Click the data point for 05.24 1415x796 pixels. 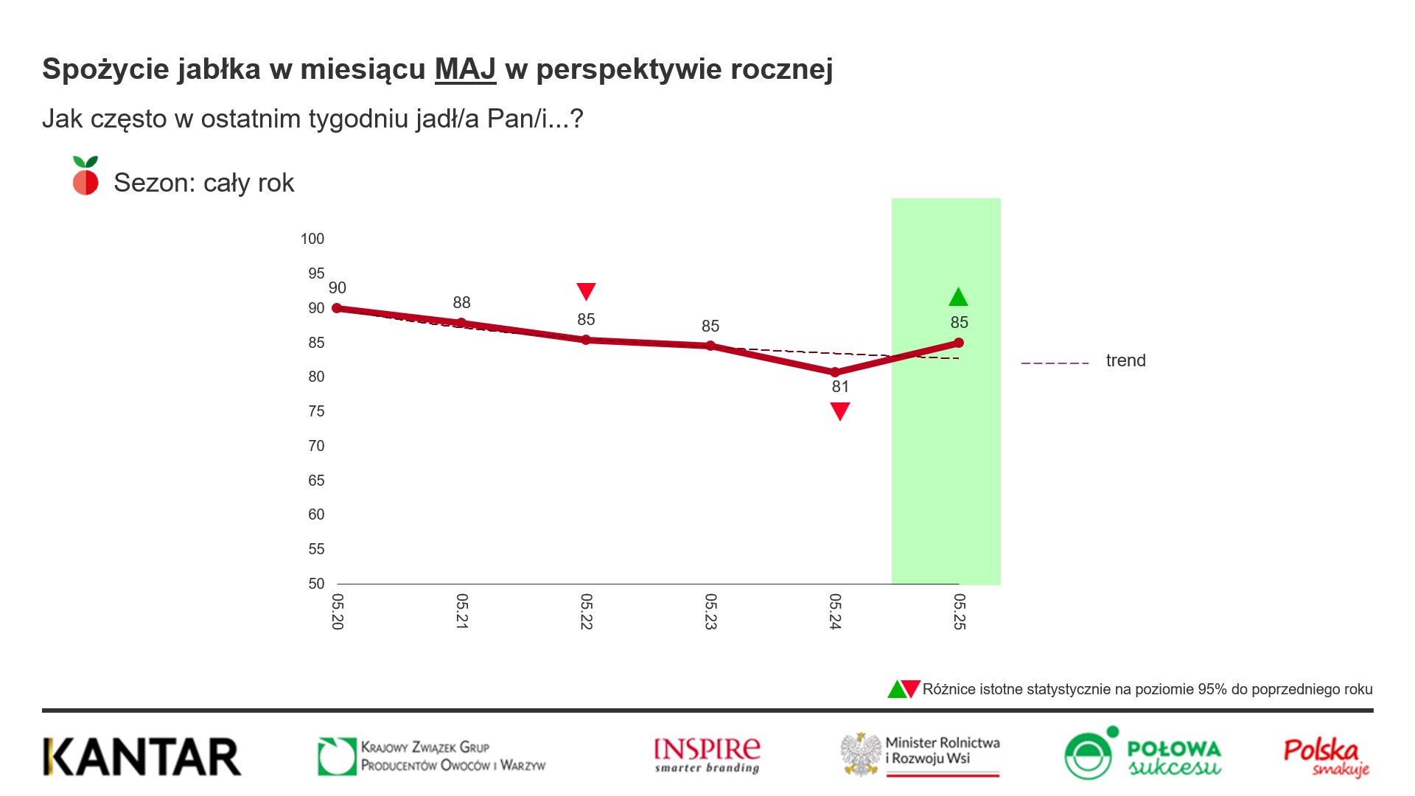point(835,372)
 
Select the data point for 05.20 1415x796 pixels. point(337,308)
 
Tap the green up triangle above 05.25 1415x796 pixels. point(958,297)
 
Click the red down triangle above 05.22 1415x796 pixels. point(586,291)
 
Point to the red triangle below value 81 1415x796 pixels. point(840,411)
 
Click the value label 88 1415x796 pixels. point(461,302)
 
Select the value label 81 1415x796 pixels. point(840,387)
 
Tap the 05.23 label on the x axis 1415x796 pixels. point(710,611)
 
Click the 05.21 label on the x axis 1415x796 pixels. point(462,611)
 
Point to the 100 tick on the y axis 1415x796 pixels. point(312,239)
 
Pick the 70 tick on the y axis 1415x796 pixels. point(316,446)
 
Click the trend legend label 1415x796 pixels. point(1125,360)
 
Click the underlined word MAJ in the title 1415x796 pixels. point(465,69)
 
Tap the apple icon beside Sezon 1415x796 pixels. point(85,176)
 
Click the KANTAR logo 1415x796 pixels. point(142,756)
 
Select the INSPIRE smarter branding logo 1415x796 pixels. point(707,755)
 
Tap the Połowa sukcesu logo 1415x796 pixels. point(1142,753)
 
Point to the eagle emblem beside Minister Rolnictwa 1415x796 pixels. point(861,754)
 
